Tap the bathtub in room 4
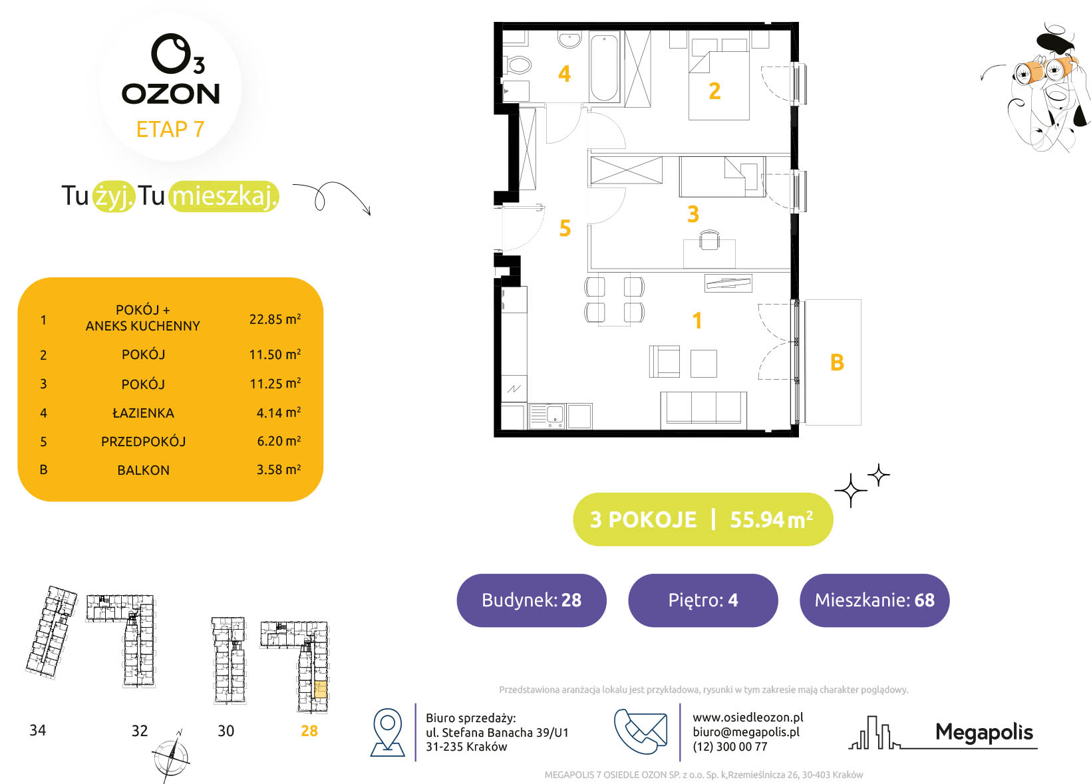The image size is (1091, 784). pyautogui.click(x=605, y=67)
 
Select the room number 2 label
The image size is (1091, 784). pyautogui.click(x=714, y=91)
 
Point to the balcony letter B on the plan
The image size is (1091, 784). pyautogui.click(x=837, y=362)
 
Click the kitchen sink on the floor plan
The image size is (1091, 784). pyautogui.click(x=546, y=416)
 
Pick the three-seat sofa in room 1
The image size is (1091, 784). pyautogui.click(x=703, y=410)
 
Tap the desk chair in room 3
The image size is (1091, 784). pyautogui.click(x=709, y=240)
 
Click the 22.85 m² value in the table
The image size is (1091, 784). pyautogui.click(x=275, y=319)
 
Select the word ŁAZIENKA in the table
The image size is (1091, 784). pyautogui.click(x=143, y=413)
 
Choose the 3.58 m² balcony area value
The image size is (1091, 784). pyautogui.click(x=279, y=469)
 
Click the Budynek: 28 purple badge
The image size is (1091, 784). pyautogui.click(x=532, y=600)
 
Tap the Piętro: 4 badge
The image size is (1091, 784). pyautogui.click(x=702, y=600)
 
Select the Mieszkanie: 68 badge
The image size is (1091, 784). pyautogui.click(x=874, y=600)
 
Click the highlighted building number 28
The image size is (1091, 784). pyautogui.click(x=309, y=730)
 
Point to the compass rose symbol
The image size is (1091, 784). pyautogui.click(x=171, y=757)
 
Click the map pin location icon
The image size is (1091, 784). pyautogui.click(x=388, y=732)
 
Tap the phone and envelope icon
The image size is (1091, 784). pyautogui.click(x=641, y=731)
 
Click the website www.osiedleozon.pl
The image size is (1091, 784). pyautogui.click(x=748, y=718)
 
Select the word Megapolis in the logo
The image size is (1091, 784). pyautogui.click(x=984, y=732)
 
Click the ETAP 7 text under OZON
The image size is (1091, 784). pyautogui.click(x=170, y=130)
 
